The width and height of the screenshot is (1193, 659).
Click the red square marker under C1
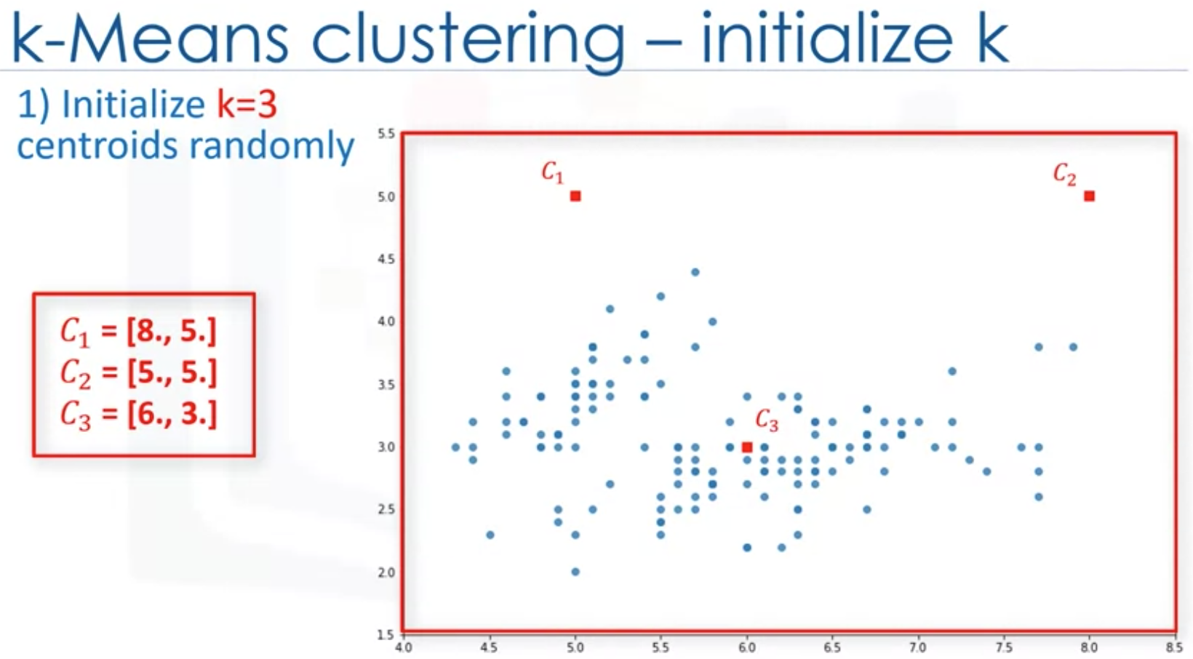pyautogui.click(x=575, y=196)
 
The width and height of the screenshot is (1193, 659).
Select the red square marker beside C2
pyautogui.click(x=1089, y=196)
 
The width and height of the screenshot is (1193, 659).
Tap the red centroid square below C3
pyautogui.click(x=746, y=447)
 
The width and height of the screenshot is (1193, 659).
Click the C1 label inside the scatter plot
pyautogui.click(x=551, y=172)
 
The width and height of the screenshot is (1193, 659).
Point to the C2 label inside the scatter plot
pyautogui.click(x=1065, y=174)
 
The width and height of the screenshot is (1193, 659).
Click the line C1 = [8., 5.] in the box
pyautogui.click(x=138, y=332)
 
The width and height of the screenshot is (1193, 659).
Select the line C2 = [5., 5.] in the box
pyautogui.click(x=138, y=373)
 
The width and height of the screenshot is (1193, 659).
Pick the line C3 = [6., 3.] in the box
pyautogui.click(x=138, y=415)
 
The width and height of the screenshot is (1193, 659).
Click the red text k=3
pyautogui.click(x=247, y=105)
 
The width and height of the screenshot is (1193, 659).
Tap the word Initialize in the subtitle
pyautogui.click(x=134, y=105)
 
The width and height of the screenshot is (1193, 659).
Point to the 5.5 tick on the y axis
pyautogui.click(x=387, y=134)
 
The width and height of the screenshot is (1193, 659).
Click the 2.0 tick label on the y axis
pyautogui.click(x=387, y=572)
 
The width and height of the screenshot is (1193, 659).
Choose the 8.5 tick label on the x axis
pyautogui.click(x=1174, y=647)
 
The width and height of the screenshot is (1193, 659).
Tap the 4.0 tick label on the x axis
pyautogui.click(x=403, y=647)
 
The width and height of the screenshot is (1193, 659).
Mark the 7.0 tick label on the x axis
pyautogui.click(x=918, y=647)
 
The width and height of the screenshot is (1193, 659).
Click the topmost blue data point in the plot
pyautogui.click(x=695, y=272)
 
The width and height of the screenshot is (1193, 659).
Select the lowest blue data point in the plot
pyautogui.click(x=575, y=572)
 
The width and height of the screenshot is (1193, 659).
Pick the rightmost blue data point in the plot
pyautogui.click(x=1073, y=348)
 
